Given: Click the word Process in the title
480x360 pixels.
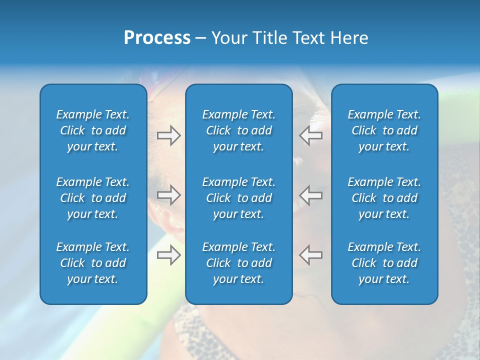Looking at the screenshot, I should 157,38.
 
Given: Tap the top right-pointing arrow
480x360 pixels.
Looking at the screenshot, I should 168,135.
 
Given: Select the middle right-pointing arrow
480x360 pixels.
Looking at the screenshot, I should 168,195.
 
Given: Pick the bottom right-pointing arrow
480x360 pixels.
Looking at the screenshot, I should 168,255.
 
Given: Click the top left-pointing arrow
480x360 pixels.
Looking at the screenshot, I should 310,135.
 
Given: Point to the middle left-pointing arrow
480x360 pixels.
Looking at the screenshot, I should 310,195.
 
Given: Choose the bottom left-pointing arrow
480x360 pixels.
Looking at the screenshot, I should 310,255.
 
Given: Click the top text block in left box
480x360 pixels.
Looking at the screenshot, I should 93,130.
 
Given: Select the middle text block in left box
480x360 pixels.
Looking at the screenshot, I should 93,198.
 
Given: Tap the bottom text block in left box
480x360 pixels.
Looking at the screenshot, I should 93,263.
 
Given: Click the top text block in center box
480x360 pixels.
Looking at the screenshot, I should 239,130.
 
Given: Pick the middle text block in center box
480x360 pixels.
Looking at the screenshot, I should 239,198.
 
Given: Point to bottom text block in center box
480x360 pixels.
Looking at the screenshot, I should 239,263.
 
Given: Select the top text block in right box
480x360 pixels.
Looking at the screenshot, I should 384,130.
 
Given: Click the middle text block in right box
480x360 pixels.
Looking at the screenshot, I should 384,198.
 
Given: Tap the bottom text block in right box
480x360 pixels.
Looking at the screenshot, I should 384,263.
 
